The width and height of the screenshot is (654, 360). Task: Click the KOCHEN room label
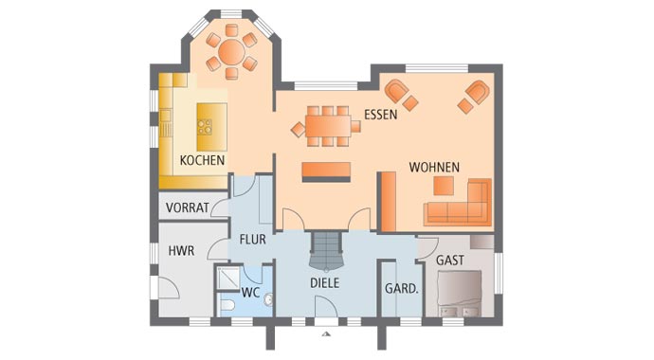pyautogui.click(x=202, y=161)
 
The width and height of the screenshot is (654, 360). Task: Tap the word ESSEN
pyautogui.click(x=380, y=116)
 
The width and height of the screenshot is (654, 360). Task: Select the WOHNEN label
pyautogui.click(x=434, y=168)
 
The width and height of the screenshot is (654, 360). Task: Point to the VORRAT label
pyautogui.click(x=187, y=207)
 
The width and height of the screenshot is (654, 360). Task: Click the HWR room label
pyautogui.click(x=181, y=251)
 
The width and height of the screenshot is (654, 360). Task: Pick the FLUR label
pyautogui.click(x=252, y=240)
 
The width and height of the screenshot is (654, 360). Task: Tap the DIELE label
pyautogui.click(x=324, y=282)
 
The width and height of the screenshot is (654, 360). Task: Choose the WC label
pyautogui.click(x=250, y=293)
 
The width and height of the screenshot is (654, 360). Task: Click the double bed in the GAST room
pyautogui.click(x=460, y=294)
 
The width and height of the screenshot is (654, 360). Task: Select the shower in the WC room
pyautogui.click(x=229, y=278)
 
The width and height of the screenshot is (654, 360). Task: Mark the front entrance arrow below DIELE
pyautogui.click(x=325, y=333)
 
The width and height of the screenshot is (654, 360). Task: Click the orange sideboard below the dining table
pyautogui.click(x=326, y=171)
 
